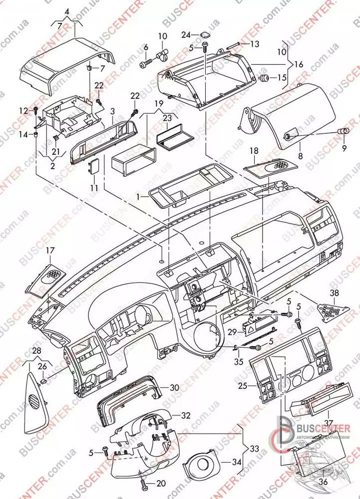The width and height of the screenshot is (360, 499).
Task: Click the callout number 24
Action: [x=186, y=35]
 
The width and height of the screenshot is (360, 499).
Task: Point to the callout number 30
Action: [x=174, y=387]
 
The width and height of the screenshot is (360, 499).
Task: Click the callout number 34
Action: [x=237, y=462]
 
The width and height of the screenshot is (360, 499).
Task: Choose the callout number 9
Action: [x=344, y=148]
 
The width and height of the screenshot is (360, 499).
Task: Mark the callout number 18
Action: [x=254, y=150]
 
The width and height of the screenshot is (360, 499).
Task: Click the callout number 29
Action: [x=231, y=332]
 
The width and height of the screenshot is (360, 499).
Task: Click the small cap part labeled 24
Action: [x=204, y=35]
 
